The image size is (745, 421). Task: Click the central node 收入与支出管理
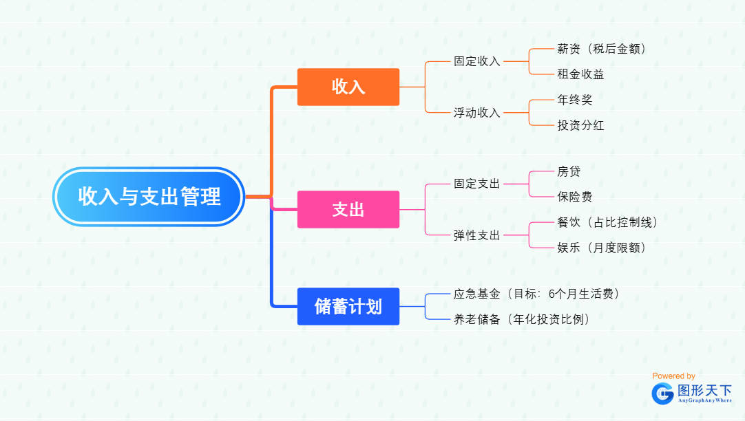(x=149, y=197)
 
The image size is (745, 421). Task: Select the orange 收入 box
(x=348, y=87)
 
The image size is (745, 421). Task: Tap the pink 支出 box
(x=348, y=209)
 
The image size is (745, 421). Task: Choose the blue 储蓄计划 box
(x=348, y=306)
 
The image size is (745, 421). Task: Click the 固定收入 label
(x=476, y=61)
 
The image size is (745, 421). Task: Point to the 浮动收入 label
(x=476, y=113)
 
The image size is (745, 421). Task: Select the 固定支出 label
(x=476, y=184)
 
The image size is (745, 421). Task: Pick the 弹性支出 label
(x=476, y=235)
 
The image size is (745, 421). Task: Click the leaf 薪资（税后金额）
(x=601, y=49)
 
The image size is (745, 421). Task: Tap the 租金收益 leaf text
(x=580, y=74)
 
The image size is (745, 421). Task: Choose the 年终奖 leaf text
(x=574, y=100)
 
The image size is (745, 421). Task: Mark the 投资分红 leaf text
(x=580, y=125)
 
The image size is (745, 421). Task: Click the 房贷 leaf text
(x=569, y=171)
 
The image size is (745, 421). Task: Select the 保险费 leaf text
(x=574, y=197)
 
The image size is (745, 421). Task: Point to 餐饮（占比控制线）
(x=607, y=222)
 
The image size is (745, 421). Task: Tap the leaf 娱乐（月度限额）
(x=601, y=248)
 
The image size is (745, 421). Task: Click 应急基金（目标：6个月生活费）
(x=537, y=294)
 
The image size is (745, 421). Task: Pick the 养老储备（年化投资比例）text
(x=522, y=319)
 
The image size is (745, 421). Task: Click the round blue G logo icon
(x=663, y=393)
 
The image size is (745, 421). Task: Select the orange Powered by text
(x=673, y=376)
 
